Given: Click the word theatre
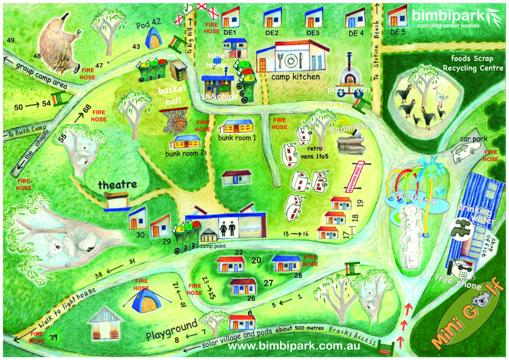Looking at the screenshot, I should (117, 184).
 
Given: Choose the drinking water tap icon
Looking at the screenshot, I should (461, 227).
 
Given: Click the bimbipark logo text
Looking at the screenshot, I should (449, 16).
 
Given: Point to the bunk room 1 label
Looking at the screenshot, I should (237, 138).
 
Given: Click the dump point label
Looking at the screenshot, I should (212, 246).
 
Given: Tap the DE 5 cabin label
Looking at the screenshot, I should (398, 32).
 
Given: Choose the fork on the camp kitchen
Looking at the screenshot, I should (281, 60).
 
